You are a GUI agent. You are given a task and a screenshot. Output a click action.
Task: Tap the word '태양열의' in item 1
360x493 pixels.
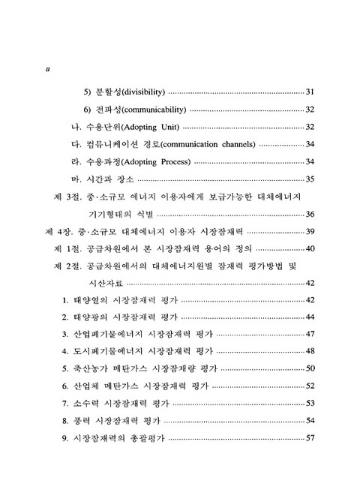click(91, 300)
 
